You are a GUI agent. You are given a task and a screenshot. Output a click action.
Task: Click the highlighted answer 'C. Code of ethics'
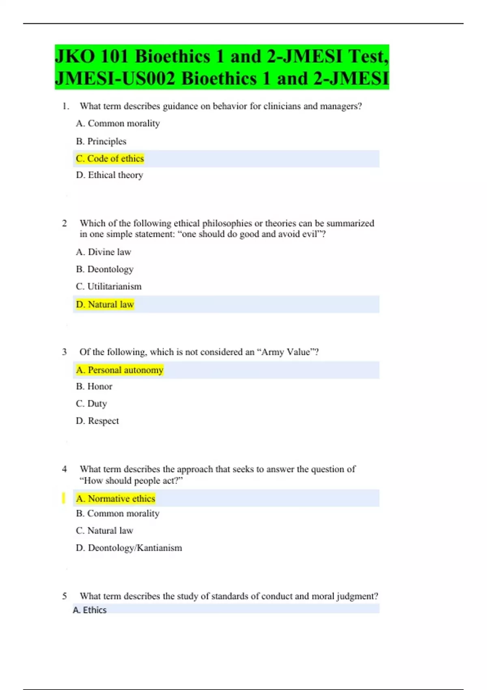[x=110, y=158]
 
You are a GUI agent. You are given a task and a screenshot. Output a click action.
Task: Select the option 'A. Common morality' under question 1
[x=118, y=123]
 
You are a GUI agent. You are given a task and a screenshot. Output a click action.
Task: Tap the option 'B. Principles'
[x=101, y=141]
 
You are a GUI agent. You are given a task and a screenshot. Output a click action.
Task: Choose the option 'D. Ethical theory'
[x=110, y=175]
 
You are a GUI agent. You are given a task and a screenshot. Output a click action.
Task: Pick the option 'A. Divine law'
[x=103, y=252]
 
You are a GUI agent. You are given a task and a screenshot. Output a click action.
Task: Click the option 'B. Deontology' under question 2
[x=105, y=269]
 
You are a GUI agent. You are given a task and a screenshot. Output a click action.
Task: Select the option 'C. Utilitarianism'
[x=109, y=287]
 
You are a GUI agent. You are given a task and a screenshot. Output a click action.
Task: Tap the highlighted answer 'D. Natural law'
[x=105, y=304]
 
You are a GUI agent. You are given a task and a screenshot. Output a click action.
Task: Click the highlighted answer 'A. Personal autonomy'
[x=120, y=370]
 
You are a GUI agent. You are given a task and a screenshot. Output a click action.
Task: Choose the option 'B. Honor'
[x=94, y=386]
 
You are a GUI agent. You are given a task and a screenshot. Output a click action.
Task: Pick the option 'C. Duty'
[x=91, y=403]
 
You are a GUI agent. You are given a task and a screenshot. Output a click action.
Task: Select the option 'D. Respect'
[x=97, y=421]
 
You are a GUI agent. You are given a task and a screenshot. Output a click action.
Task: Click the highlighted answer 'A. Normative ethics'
[x=116, y=498]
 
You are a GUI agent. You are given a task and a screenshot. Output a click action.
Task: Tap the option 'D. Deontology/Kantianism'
[x=129, y=548]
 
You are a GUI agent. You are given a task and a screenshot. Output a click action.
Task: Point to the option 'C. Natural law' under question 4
[x=105, y=530]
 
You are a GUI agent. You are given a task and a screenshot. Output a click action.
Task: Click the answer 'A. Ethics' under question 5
[x=90, y=610]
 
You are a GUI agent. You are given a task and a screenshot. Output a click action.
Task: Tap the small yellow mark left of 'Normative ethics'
[x=63, y=498]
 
